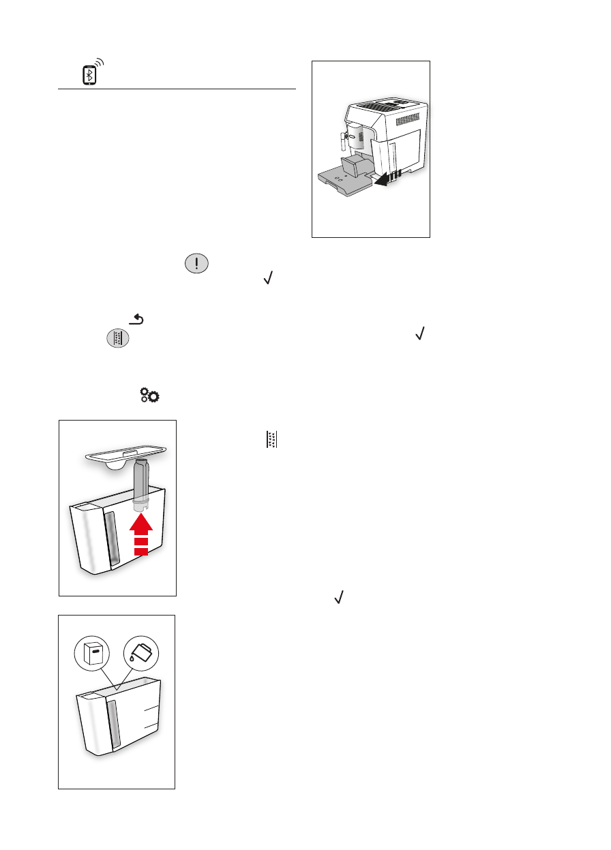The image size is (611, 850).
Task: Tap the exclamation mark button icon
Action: (196, 264)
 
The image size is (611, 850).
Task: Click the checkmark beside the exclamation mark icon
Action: (268, 277)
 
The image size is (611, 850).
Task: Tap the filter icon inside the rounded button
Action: (117, 339)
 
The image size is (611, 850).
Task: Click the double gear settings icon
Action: (150, 396)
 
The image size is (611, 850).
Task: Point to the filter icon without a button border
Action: (271, 440)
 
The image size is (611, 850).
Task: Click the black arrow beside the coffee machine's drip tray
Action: (387, 179)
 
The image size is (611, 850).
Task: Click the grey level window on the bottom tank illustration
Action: (114, 722)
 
